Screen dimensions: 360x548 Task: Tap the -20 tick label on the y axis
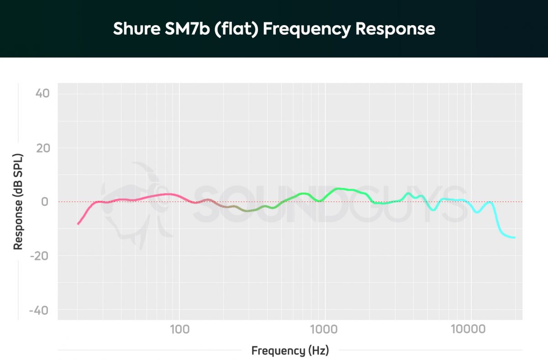40,256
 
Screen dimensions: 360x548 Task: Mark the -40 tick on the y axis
40,310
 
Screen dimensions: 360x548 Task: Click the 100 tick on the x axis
179,328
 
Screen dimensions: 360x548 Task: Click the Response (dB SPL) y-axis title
18,201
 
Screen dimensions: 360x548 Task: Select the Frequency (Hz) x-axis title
290,351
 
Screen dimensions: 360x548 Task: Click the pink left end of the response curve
78,223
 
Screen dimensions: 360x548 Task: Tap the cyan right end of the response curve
514,238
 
